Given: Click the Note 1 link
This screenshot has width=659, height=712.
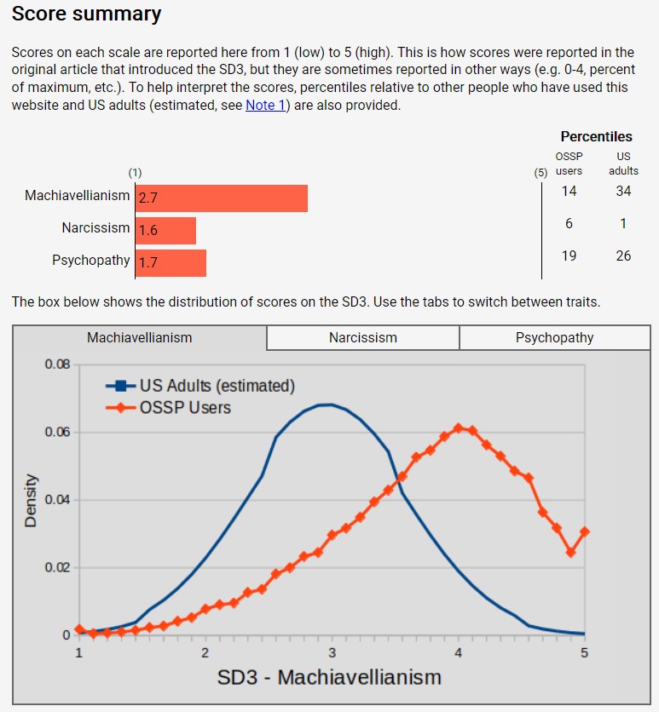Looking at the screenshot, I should pyautogui.click(x=265, y=106).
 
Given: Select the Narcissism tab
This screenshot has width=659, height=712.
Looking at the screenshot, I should pyautogui.click(x=363, y=337).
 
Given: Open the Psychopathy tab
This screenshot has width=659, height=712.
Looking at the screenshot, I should pyautogui.click(x=554, y=337).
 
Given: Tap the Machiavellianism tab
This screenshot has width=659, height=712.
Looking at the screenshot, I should pyautogui.click(x=140, y=337).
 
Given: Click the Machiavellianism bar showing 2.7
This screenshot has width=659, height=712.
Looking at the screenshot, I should pyautogui.click(x=221, y=198).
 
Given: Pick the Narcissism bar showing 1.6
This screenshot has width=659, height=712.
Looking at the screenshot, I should pyautogui.click(x=165, y=230).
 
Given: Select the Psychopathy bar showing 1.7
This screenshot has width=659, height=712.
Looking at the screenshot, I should pyautogui.click(x=171, y=262).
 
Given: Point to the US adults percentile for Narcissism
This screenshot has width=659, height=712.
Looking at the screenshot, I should pyautogui.click(x=623, y=223).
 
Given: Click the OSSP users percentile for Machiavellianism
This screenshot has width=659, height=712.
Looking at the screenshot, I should pyautogui.click(x=569, y=191).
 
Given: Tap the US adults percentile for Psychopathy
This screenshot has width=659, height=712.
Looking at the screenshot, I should pyautogui.click(x=623, y=256).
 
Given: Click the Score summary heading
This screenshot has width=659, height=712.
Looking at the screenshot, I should pyautogui.click(x=86, y=14).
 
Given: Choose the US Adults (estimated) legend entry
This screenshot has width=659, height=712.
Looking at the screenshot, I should pyautogui.click(x=217, y=386).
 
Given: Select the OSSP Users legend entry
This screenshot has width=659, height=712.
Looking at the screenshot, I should pyautogui.click(x=185, y=407).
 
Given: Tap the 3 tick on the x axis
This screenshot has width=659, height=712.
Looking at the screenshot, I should pyautogui.click(x=332, y=652).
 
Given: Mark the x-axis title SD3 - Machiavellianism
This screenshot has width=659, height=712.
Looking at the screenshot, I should pyautogui.click(x=329, y=677).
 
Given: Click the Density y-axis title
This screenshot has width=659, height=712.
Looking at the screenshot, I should pyautogui.click(x=31, y=500).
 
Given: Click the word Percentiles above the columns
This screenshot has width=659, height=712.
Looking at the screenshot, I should pyautogui.click(x=596, y=136).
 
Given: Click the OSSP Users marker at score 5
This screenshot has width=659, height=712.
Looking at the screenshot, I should pyautogui.click(x=584, y=532).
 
